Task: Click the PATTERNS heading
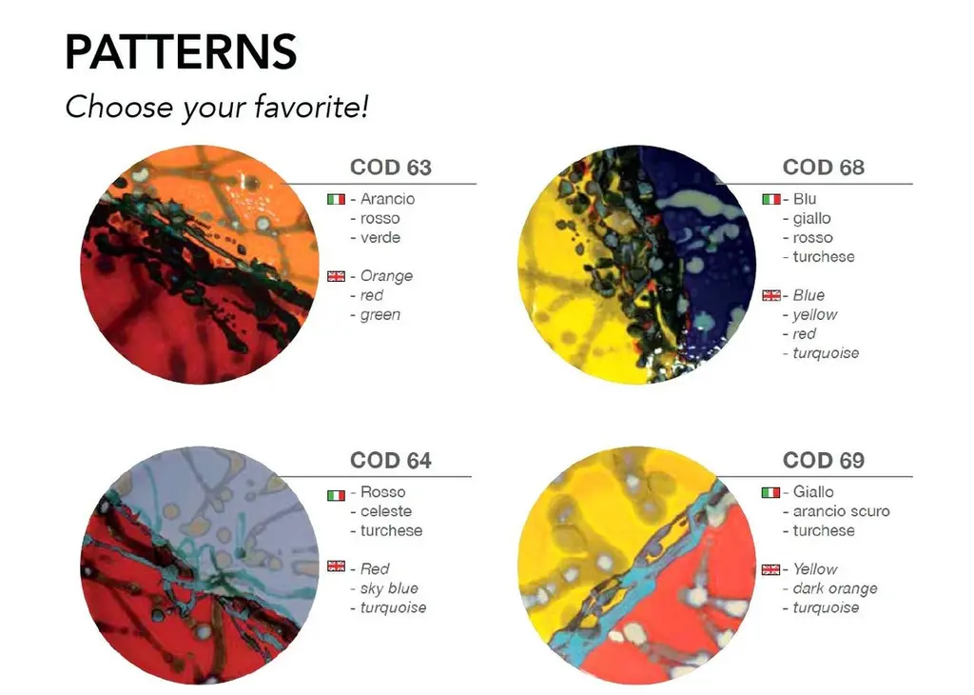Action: [x=181, y=51]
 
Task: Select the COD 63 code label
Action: [x=391, y=168]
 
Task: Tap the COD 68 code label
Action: [x=824, y=168]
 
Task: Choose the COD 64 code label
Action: [x=391, y=460]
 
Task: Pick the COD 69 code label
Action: [x=824, y=460]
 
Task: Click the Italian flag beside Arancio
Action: [x=336, y=200]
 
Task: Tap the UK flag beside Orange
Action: [x=336, y=276]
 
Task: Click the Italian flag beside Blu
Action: [x=771, y=200]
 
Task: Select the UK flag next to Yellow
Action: [x=770, y=569]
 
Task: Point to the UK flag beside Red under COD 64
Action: [x=336, y=566]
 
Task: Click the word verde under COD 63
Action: [x=380, y=237]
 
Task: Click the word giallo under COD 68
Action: [x=812, y=219]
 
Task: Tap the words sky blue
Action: [x=389, y=588]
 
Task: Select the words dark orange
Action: [x=835, y=588]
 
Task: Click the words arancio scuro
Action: [x=841, y=511]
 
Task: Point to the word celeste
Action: [x=386, y=511]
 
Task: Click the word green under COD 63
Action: [x=380, y=315]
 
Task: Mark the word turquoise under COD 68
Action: [x=827, y=353]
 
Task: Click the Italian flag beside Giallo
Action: [x=770, y=493]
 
